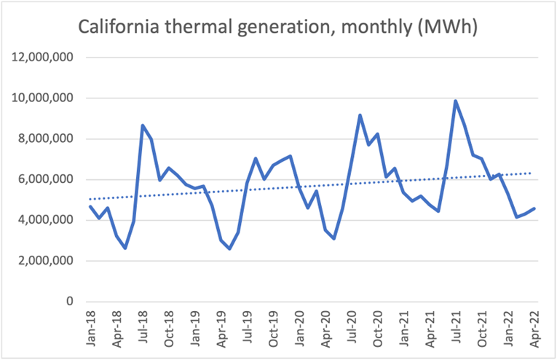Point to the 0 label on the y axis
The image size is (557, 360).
pos(70,302)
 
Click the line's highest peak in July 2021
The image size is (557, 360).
pos(456,101)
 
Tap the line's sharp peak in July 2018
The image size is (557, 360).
pos(143,125)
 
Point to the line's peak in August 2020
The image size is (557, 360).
pos(360,115)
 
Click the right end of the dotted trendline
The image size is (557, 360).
pos(534,173)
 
